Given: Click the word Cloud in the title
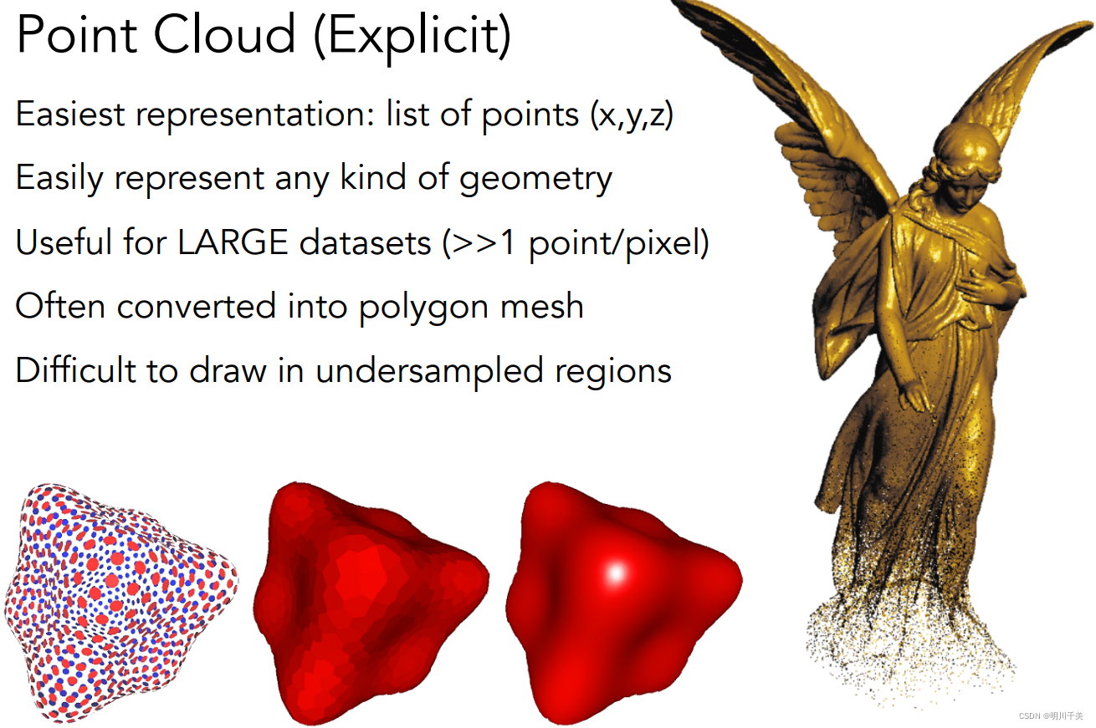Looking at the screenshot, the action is tap(224, 34).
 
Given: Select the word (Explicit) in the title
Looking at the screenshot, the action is tap(412, 37).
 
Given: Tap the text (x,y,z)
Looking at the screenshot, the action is tap(632, 115).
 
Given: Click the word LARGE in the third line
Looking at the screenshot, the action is tap(233, 242).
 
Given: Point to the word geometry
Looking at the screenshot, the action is tap(535, 180).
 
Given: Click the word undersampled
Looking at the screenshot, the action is tap(429, 370).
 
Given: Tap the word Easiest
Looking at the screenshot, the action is tap(70, 114).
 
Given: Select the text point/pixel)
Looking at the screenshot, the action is tap(619, 243).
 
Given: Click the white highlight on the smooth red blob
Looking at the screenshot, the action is tap(616, 573).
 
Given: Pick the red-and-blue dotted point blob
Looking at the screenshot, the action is tap(121, 603).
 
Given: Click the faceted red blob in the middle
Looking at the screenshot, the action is tap(371, 603).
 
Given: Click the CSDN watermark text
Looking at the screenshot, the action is tap(1050, 715).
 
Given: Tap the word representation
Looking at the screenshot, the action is tap(254, 115).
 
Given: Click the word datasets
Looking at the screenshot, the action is tap(365, 242).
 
